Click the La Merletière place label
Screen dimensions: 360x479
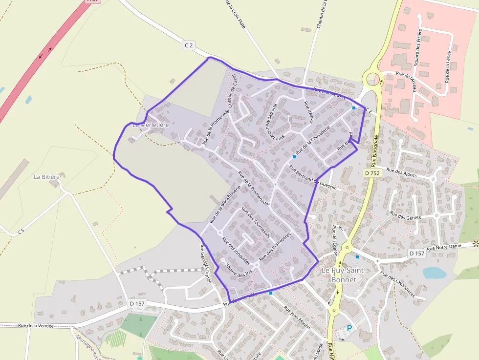point(151,125)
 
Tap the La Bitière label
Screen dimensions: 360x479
point(46,176)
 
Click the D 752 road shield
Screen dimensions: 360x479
point(372,173)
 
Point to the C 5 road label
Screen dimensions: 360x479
point(21,231)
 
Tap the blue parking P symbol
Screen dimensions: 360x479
point(349,328)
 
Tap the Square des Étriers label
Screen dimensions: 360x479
point(418,49)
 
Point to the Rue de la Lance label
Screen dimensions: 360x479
point(447,65)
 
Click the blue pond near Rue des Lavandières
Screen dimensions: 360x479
point(434,273)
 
